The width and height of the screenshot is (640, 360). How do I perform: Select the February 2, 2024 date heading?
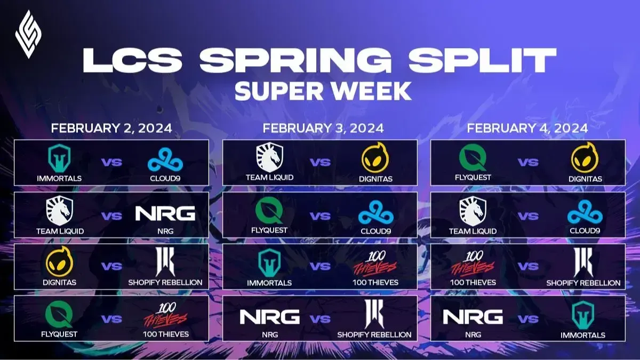[111, 129]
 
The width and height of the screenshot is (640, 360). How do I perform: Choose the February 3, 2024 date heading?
[323, 129]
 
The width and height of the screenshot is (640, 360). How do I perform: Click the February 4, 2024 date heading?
[527, 129]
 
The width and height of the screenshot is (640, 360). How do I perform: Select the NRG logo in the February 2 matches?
[165, 213]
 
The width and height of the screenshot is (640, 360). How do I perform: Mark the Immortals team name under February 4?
[583, 335]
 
